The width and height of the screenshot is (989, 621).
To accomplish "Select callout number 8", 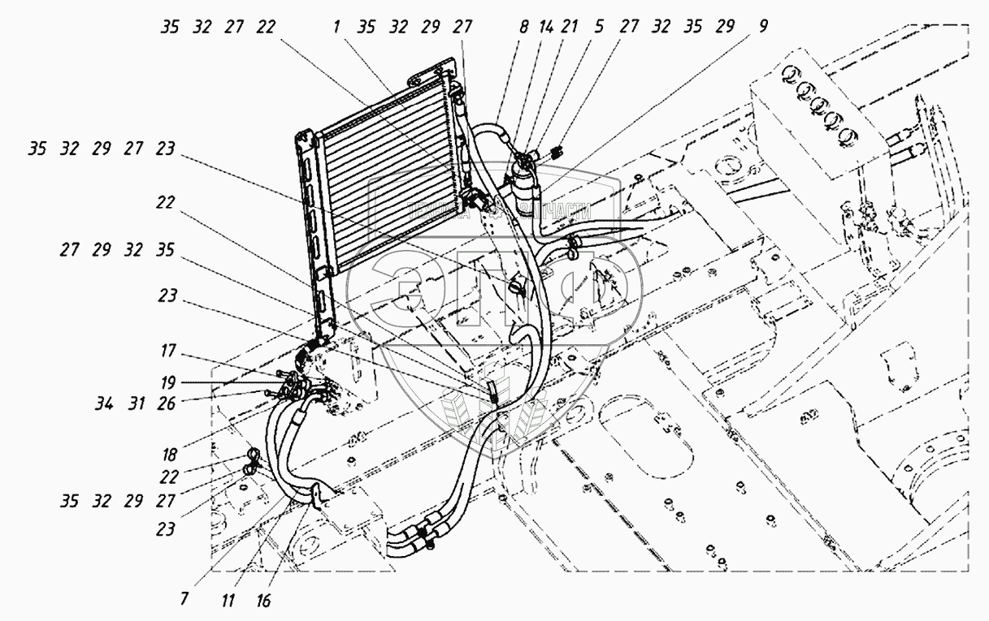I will point(523,27).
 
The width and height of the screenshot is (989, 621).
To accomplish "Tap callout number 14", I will point(545,27).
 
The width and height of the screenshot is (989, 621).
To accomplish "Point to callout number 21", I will point(570,27).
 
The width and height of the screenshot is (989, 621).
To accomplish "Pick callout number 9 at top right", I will point(761,27).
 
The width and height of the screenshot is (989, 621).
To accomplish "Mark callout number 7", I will point(185,599).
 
